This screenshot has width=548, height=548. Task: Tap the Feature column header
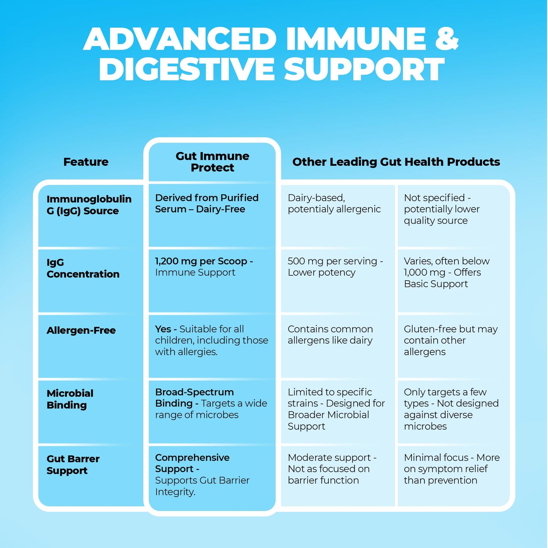coord(86,162)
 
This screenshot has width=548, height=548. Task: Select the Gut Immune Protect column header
coord(212,162)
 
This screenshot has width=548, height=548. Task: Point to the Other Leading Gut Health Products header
coord(396,162)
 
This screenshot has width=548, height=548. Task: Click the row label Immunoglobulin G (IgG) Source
coord(89,205)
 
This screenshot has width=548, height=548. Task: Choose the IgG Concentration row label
coord(83,268)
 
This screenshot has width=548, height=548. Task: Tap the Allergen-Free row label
coord(81,330)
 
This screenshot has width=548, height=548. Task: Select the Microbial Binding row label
coord(70,399)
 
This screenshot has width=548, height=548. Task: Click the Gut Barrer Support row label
coord(73,465)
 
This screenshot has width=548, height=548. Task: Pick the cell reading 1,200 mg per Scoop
coord(204,267)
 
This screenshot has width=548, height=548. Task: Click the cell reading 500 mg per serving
coord(335,267)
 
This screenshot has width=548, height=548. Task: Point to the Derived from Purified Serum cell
coord(207,204)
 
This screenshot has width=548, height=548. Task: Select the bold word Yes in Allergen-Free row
coord(163,329)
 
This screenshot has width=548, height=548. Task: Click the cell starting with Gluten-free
coord(451,341)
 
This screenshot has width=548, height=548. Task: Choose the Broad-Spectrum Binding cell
coord(211,404)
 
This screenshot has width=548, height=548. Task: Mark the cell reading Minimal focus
coord(452,469)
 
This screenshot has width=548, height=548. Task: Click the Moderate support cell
coord(332,469)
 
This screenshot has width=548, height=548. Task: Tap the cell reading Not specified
coord(442,209)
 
